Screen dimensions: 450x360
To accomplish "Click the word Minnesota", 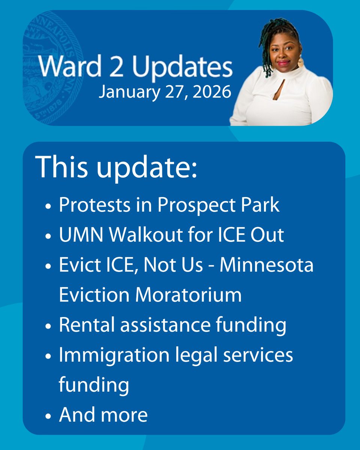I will click(267, 265).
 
